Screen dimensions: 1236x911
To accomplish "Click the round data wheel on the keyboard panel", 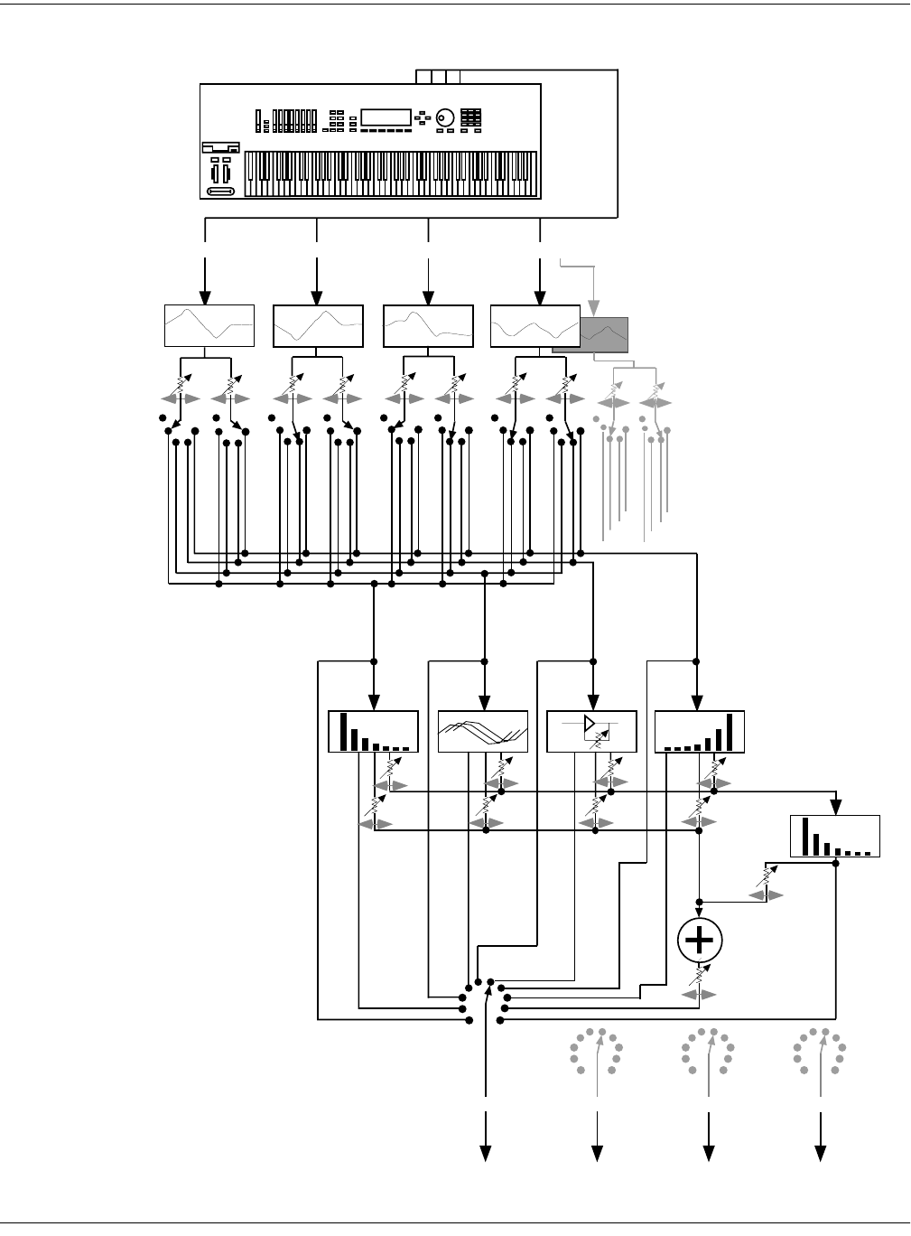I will (x=446, y=118).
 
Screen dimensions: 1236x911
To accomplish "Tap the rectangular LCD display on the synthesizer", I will (x=386, y=117).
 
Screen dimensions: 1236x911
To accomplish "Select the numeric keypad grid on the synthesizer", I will (x=470, y=118).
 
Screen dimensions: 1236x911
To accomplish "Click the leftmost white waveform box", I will (x=209, y=325).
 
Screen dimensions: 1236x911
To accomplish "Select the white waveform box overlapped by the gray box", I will (x=535, y=325).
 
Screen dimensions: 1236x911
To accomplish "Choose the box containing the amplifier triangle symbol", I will (x=592, y=732).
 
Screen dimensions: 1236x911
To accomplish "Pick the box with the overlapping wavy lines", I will (x=482, y=732).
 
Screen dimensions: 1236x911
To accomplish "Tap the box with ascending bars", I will (x=700, y=732).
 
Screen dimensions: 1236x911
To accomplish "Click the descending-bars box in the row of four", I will (x=373, y=732).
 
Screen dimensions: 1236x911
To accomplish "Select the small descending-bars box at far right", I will (x=835, y=836).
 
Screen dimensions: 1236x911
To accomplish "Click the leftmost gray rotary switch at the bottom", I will (x=596, y=1051).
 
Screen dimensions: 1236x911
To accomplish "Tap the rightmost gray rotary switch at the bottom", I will (x=819, y=1051).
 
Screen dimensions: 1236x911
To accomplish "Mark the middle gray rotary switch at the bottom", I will (x=708, y=1051).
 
